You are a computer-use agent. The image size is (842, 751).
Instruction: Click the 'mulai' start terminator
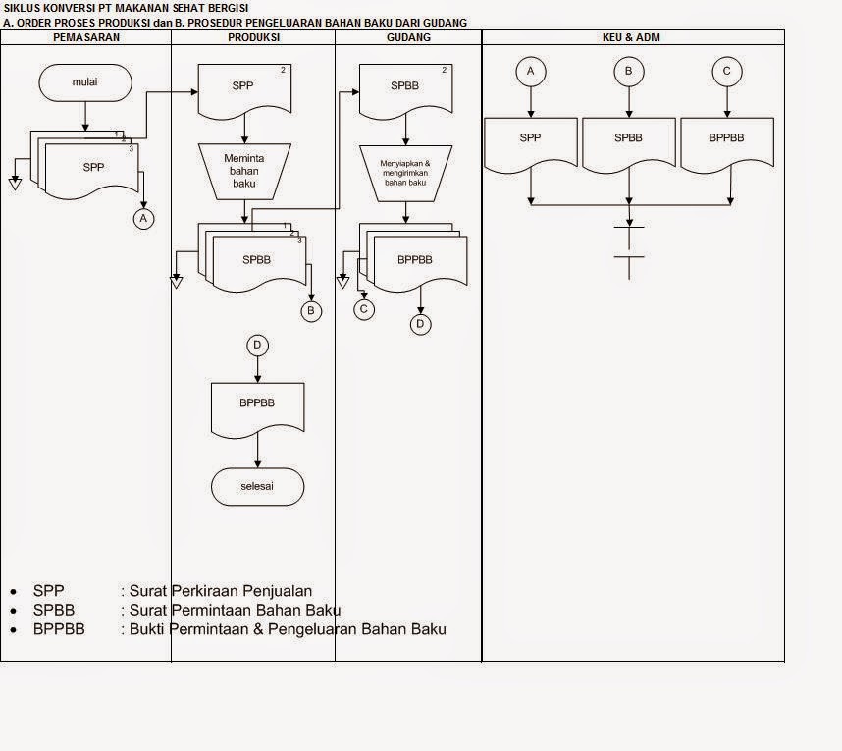[86, 83]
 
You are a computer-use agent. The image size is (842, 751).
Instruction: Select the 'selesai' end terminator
[257, 486]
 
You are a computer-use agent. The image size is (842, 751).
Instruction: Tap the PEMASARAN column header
[85, 36]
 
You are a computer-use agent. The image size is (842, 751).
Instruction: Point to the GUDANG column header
[407, 36]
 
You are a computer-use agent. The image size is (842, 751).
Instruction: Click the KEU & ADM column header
[632, 36]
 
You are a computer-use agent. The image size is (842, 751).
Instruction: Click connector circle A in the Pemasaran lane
[143, 219]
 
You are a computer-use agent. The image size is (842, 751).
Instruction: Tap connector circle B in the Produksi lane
[311, 311]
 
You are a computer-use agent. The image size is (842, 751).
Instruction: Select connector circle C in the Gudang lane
[364, 309]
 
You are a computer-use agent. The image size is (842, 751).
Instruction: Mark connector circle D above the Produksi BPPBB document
[257, 345]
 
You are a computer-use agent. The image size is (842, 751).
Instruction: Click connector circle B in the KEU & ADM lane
[628, 71]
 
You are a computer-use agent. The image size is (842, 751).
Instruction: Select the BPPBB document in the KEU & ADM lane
[726, 140]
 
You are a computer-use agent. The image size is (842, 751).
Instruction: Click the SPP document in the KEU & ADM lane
[530, 140]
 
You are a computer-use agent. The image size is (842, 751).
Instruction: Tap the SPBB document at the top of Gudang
[405, 87]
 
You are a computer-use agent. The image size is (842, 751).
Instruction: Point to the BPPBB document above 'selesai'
[257, 405]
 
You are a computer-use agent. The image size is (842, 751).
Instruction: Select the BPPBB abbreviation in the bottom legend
[59, 628]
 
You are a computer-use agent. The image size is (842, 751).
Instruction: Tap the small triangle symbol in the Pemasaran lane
[15, 183]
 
